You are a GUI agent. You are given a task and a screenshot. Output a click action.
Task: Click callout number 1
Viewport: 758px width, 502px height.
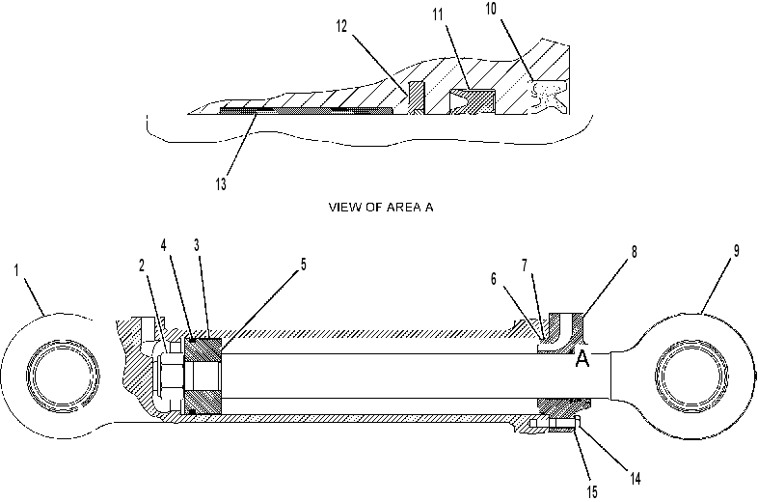pos(16,270)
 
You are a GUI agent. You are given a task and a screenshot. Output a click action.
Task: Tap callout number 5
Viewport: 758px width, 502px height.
pos(304,265)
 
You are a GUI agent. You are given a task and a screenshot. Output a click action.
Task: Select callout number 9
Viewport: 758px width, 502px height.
pos(736,251)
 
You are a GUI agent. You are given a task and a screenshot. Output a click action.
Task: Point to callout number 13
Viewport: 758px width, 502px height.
pos(221,184)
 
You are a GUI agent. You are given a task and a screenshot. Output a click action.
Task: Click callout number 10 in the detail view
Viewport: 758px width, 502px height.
pos(491,9)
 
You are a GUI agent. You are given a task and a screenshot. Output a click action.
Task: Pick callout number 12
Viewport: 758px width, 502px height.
pos(341,26)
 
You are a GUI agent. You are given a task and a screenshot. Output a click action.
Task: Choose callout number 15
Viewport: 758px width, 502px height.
pos(592,492)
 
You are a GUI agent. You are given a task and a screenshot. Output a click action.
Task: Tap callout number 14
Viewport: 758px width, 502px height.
pos(636,479)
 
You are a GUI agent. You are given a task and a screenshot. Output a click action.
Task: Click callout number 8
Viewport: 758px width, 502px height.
pos(634,252)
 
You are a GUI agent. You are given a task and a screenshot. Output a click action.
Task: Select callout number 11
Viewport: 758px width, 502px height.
pos(438,15)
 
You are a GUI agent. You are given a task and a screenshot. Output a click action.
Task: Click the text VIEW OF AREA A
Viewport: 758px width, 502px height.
pos(381,208)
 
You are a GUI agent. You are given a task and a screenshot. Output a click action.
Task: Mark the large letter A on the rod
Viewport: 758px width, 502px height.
pos(582,358)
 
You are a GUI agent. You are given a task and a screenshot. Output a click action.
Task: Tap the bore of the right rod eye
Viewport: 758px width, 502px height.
pos(691,376)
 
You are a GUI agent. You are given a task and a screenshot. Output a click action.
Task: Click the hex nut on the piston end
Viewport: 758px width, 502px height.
pos(172,376)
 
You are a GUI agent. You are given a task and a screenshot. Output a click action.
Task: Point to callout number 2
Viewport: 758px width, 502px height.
pos(142,265)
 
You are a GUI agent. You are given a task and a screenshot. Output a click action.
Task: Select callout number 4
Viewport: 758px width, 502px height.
pos(163,245)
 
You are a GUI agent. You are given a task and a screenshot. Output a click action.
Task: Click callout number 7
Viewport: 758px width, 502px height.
pos(525,265)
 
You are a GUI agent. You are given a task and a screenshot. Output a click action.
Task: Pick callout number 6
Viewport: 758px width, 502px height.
pos(494,279)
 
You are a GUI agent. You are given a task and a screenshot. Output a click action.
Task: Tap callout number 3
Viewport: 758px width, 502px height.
pos(197,245)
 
